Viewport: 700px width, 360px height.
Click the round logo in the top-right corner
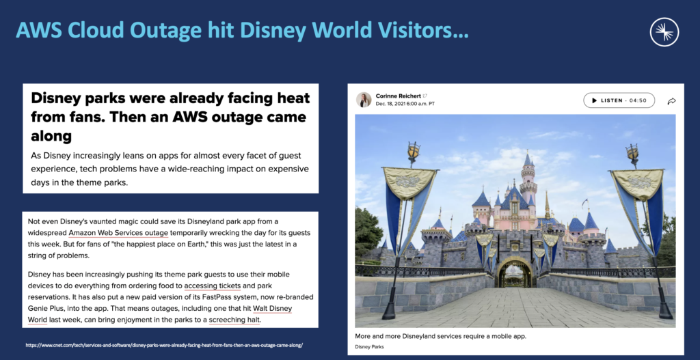pyautogui.click(x=664, y=32)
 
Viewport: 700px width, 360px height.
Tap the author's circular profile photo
pyautogui.click(x=364, y=100)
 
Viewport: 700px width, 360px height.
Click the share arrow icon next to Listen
pyautogui.click(x=671, y=101)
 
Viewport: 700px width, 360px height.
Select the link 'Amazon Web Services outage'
pyautogui.click(x=118, y=233)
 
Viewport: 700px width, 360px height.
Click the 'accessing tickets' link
pyautogui.click(x=213, y=286)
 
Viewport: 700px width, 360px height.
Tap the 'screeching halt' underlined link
pyautogui.click(x=234, y=319)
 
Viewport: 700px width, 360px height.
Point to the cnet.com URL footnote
pyautogui.click(x=164, y=346)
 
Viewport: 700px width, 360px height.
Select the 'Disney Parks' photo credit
pyautogui.click(x=370, y=347)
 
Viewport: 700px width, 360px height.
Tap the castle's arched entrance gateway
pyautogui.click(x=515, y=273)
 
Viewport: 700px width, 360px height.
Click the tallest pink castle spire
pyautogui.click(x=527, y=171)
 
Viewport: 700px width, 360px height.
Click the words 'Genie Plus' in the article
pyautogui.click(x=50, y=308)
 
